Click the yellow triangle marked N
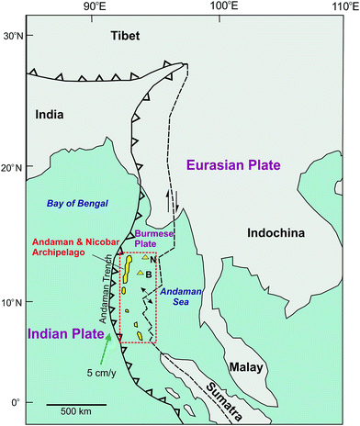pos(145,259)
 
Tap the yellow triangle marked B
pos(140,272)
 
